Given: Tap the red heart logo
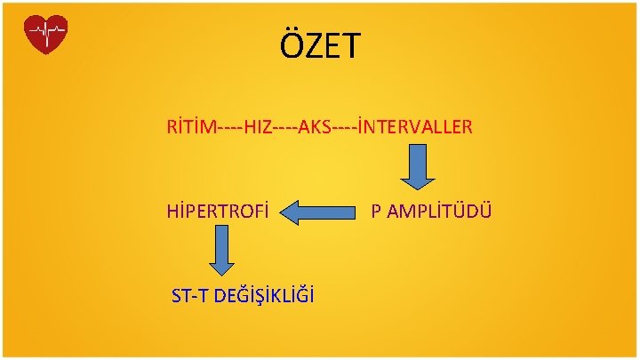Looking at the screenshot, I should pos(46,35).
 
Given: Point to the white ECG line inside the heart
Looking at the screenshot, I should pos(46,34).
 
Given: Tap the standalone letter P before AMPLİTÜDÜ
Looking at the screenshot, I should pos(377,212).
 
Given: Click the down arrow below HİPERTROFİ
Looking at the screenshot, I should pos(224,251).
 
